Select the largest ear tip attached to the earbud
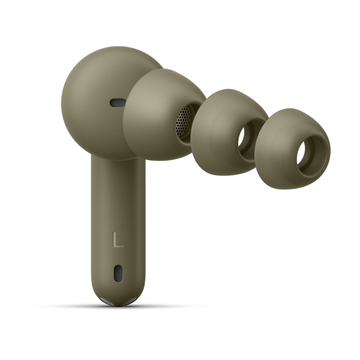tap(164, 115)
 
